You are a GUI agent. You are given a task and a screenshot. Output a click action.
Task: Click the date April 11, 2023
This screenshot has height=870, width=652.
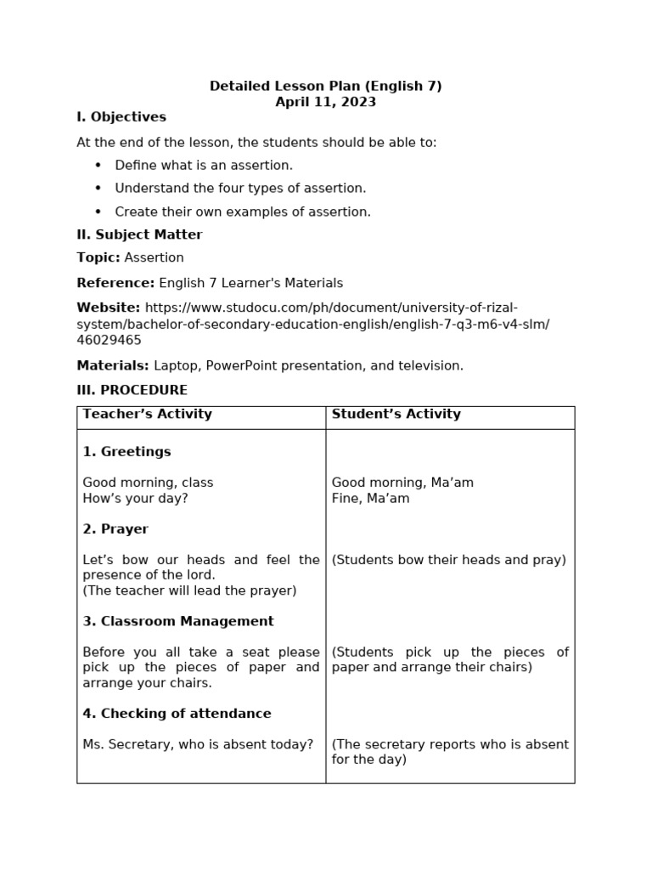(325, 102)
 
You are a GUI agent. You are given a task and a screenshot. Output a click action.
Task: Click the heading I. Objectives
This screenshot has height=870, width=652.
(121, 117)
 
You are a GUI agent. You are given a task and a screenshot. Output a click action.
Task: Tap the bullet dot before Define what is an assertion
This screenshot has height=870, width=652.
(98, 165)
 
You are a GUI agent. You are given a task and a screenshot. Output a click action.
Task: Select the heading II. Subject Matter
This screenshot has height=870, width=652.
(139, 234)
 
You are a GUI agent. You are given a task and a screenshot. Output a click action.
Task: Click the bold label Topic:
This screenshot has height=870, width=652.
(98, 257)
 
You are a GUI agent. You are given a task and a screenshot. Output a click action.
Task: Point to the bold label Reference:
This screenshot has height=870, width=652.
(115, 283)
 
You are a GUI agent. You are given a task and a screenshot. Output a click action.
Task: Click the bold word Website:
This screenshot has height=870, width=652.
(109, 308)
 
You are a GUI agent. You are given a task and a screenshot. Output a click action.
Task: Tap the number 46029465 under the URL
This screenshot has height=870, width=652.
(109, 340)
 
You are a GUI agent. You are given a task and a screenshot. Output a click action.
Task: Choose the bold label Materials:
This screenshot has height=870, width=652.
(113, 365)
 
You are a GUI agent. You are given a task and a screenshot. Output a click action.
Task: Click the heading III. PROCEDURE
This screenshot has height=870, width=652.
(132, 390)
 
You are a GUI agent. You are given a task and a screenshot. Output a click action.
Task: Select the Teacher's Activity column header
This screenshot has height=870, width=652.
(147, 415)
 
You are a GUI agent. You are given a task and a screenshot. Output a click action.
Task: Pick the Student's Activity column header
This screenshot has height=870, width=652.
(396, 415)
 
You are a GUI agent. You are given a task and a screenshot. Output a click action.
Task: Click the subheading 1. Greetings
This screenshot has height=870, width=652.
(126, 452)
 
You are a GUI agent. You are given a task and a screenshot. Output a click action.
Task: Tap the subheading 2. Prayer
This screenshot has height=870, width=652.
(115, 529)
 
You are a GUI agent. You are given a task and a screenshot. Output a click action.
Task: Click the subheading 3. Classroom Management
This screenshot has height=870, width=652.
(178, 621)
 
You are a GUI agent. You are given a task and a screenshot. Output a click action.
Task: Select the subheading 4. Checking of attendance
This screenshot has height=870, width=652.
(177, 714)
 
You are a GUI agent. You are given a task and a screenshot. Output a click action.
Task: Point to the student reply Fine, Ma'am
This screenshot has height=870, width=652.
(370, 499)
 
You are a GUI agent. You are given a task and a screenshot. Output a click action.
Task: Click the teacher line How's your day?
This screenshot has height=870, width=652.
(135, 499)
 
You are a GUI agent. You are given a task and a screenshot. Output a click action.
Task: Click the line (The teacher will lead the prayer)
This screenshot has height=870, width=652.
(189, 590)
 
